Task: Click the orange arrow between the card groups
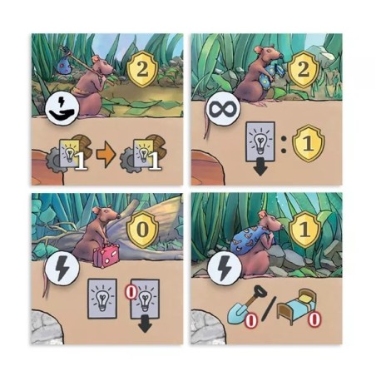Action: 106,155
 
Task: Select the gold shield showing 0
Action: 142,230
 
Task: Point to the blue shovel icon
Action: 241,307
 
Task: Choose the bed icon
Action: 296,306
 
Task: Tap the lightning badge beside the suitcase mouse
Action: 62,269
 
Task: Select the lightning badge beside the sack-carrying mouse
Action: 225,268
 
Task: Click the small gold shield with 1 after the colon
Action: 309,143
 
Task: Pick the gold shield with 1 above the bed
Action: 304,229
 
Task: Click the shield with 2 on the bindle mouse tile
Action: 142,70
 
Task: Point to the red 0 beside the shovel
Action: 251,320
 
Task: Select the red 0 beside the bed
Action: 314,319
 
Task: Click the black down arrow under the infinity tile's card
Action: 260,169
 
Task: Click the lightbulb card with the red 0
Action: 145,299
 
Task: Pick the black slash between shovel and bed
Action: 269,308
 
